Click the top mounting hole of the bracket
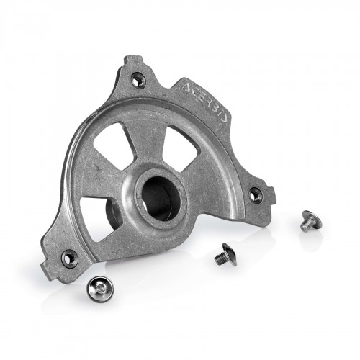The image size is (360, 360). (138, 81)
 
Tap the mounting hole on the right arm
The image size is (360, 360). (254, 194)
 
